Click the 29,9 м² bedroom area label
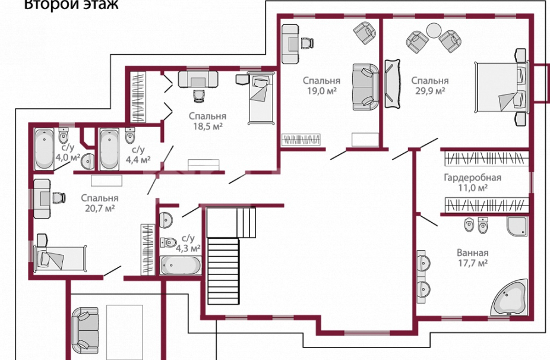(430, 91)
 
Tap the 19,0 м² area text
(322, 91)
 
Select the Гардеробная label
(472, 177)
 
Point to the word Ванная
(472, 252)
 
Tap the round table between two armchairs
(434, 30)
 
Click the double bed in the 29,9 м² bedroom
(501, 87)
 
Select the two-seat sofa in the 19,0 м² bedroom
(365, 87)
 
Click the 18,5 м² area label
(208, 127)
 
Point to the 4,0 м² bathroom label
(68, 157)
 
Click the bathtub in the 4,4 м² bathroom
(109, 150)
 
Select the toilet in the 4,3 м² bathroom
(168, 242)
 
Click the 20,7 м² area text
(100, 209)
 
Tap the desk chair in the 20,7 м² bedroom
(59, 198)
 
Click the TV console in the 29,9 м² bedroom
(393, 84)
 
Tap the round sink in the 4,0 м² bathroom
(87, 162)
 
